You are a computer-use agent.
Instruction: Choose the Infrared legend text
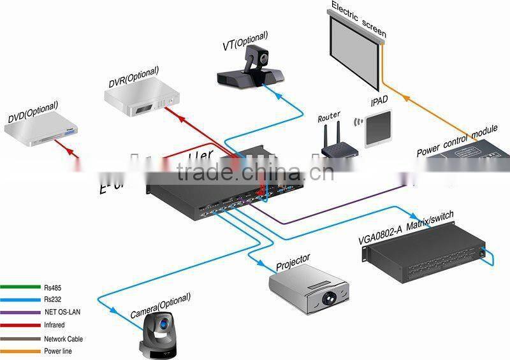pyautogui.click(x=54, y=325)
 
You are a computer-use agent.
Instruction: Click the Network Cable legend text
pyautogui.click(x=63, y=339)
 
